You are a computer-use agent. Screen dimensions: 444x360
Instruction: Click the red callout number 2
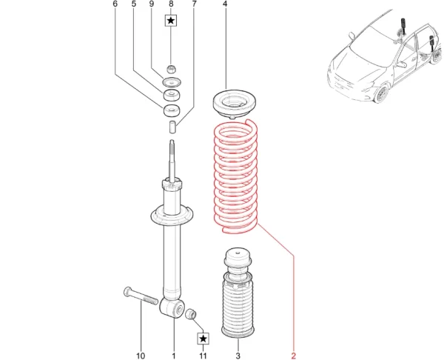click(293, 355)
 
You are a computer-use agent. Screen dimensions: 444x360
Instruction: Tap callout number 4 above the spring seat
click(225, 4)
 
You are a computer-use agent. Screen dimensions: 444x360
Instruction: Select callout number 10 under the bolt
click(141, 356)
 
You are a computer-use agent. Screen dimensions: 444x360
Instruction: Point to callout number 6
click(115, 4)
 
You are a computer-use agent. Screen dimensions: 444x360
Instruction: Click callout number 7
click(194, 4)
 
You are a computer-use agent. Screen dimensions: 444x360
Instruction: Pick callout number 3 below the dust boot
click(238, 356)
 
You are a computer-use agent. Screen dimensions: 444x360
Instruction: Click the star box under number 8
click(171, 21)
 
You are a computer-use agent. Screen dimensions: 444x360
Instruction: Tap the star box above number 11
click(203, 339)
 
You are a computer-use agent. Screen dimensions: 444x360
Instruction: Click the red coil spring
click(235, 176)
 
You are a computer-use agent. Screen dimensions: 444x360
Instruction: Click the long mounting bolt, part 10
click(141, 296)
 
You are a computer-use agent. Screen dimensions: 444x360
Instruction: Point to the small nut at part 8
click(171, 69)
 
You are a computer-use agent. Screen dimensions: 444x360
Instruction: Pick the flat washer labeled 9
click(172, 82)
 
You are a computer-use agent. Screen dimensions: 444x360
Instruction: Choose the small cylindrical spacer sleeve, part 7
click(172, 127)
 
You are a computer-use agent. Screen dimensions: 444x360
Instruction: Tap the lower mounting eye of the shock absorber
click(172, 308)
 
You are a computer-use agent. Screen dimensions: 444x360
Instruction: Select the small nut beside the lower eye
click(191, 314)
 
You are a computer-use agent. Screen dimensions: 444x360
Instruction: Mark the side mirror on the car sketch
click(352, 36)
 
